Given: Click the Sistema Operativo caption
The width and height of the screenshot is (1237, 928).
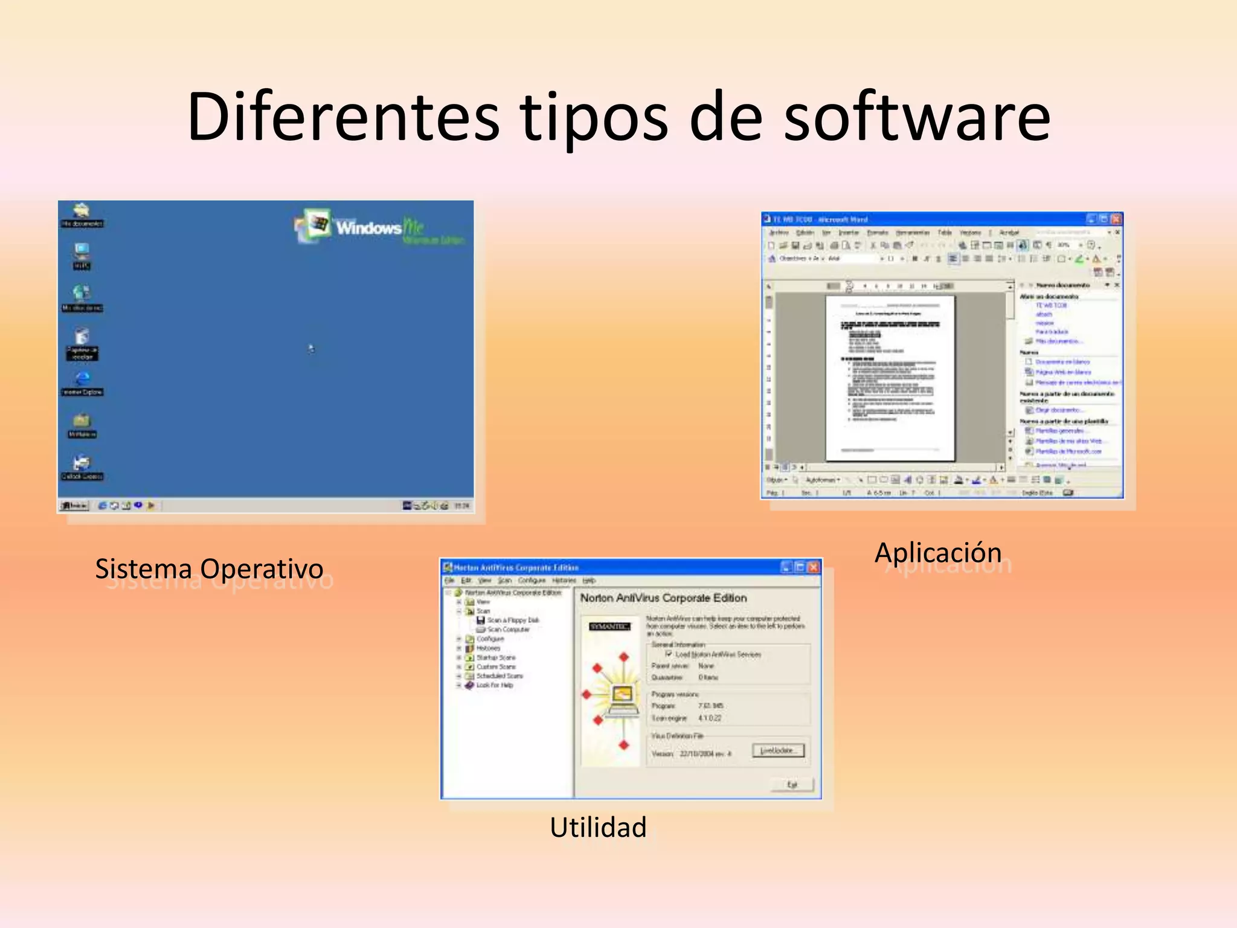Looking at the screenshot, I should coord(209,569).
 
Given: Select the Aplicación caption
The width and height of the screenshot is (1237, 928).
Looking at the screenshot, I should coord(938,553).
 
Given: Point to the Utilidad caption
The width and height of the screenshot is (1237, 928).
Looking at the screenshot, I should coord(598,827).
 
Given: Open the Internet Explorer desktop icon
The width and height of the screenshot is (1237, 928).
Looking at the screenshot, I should coord(83,379).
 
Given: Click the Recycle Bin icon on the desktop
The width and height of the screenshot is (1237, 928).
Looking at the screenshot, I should coord(82,337).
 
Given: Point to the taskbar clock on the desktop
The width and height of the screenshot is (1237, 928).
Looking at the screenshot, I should coord(462,506).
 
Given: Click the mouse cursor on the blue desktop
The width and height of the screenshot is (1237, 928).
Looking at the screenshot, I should coord(311,349).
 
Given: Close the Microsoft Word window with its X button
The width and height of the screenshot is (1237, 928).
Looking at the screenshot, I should coord(1116,219).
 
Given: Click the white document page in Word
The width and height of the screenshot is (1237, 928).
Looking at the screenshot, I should coord(890,378).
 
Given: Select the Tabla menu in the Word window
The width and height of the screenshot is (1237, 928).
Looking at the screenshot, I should coord(945,233).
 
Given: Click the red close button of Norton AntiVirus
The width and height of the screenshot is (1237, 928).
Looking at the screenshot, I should coord(813,567).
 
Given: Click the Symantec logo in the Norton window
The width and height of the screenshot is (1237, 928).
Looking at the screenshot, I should coord(609,627).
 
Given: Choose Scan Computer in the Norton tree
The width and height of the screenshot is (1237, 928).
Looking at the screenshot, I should coord(508,630).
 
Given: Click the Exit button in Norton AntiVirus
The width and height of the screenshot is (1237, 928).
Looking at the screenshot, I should coord(792,785).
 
